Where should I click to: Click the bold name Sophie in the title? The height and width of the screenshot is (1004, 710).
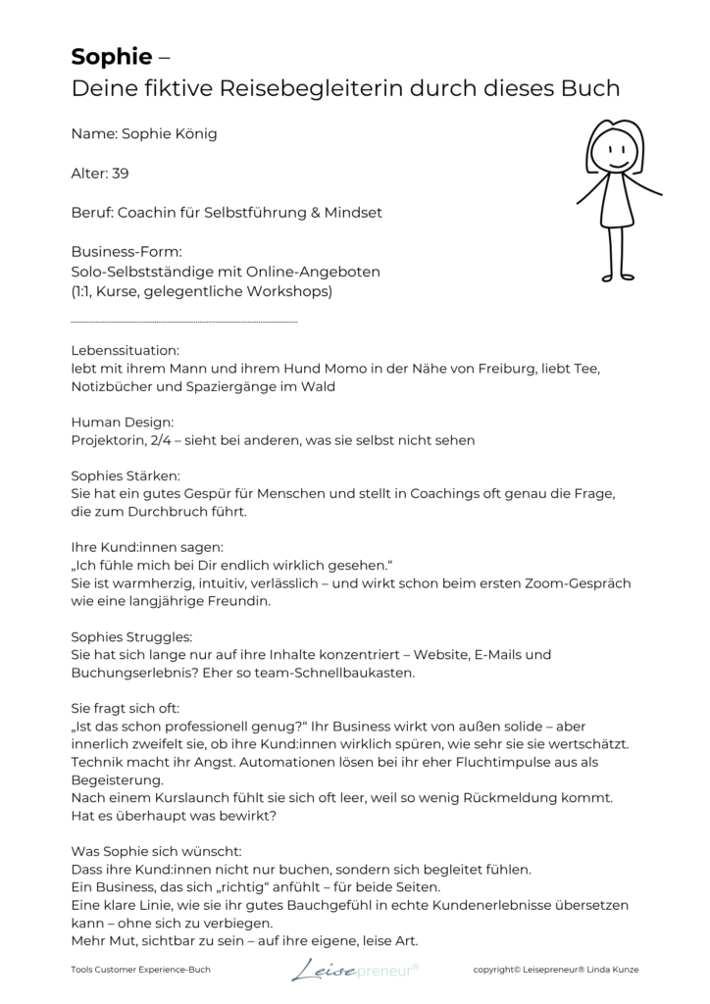pos(110,57)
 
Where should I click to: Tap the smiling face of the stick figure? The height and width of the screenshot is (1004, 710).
pos(613,153)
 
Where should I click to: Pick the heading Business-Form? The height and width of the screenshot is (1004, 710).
pos(127,252)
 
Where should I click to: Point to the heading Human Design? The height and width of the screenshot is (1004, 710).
pos(123,422)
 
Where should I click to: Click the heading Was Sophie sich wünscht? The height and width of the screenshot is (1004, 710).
pos(156,851)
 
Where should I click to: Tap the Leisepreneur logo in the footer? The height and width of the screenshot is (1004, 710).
pos(354,970)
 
